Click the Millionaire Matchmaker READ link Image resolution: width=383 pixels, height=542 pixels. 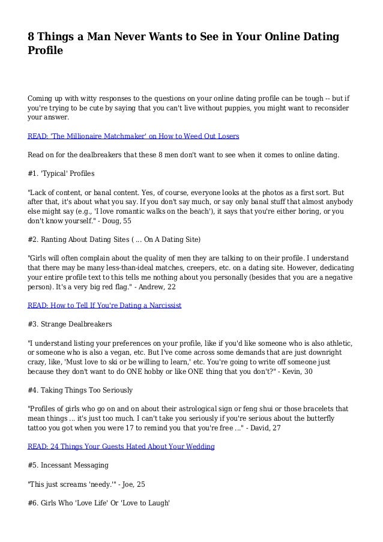pos(133,136)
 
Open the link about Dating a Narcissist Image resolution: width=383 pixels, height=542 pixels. pos(104,305)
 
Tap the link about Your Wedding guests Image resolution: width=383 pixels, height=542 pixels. pos(121,447)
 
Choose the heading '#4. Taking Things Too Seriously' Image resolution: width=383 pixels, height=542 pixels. pos(80,390)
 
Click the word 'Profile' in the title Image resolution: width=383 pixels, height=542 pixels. pos(46,52)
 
